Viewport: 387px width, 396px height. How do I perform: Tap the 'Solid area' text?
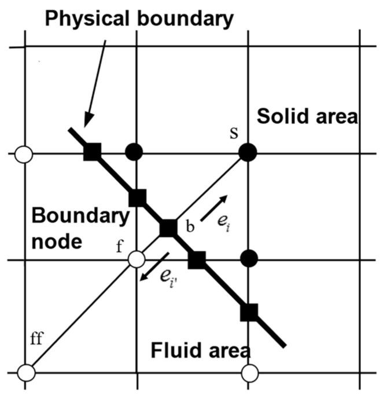coord(308,116)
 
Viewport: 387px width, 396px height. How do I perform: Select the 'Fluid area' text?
coord(201,350)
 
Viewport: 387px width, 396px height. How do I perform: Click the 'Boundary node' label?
coord(79,229)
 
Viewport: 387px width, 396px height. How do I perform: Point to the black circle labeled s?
coord(248,153)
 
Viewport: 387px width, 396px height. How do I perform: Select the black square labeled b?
coord(168,228)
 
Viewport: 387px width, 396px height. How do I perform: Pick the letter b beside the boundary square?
coord(189,226)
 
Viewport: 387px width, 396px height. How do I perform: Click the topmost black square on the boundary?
coord(93,152)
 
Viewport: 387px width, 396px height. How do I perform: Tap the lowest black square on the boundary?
coord(249,313)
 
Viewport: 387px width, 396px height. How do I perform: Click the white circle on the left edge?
coord(24,155)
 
